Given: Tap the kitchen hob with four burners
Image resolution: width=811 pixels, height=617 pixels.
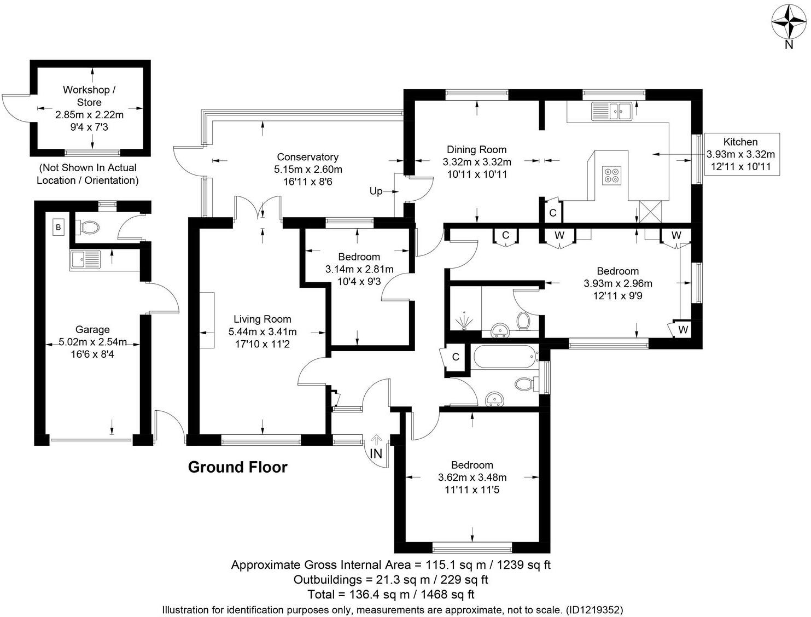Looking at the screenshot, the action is pos(612,176).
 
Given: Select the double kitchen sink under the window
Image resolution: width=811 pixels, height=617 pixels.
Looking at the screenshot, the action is pos(612,111).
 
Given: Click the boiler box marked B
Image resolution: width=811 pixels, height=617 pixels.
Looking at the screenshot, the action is pos(58,227).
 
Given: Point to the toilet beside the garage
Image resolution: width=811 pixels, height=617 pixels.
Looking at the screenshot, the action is pos(87,227).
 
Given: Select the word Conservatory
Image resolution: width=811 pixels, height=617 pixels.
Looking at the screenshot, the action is pos(307,157).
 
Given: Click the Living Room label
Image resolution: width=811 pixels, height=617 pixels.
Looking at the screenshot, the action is pos(262,319).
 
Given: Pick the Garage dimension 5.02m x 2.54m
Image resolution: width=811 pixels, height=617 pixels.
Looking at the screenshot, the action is pos(92,342).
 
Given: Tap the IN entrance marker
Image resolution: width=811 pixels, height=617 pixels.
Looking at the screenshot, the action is pos(376,453).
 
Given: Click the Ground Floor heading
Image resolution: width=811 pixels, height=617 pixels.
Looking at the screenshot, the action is pos(237,467).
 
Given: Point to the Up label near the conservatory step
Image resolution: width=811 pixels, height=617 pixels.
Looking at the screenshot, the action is pos(376,191).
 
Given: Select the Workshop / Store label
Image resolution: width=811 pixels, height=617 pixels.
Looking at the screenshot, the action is pos(89,96).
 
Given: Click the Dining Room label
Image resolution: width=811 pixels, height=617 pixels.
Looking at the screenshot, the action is pos(477,150).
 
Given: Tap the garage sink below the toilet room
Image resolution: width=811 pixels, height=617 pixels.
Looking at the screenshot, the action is pos(85,260).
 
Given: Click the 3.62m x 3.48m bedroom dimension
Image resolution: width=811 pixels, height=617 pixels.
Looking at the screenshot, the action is pos(472,478).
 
